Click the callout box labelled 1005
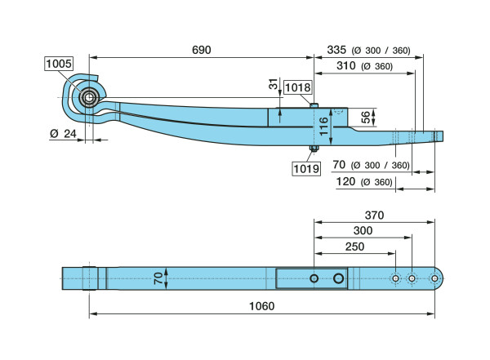[x=59, y=62]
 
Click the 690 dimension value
[x=201, y=50]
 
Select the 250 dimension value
[x=355, y=247]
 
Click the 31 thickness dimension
[x=273, y=85]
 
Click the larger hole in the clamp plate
[x=338, y=279]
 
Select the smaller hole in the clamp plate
[x=314, y=279]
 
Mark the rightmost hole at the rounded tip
[x=434, y=279]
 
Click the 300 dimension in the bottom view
[x=363, y=231]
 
